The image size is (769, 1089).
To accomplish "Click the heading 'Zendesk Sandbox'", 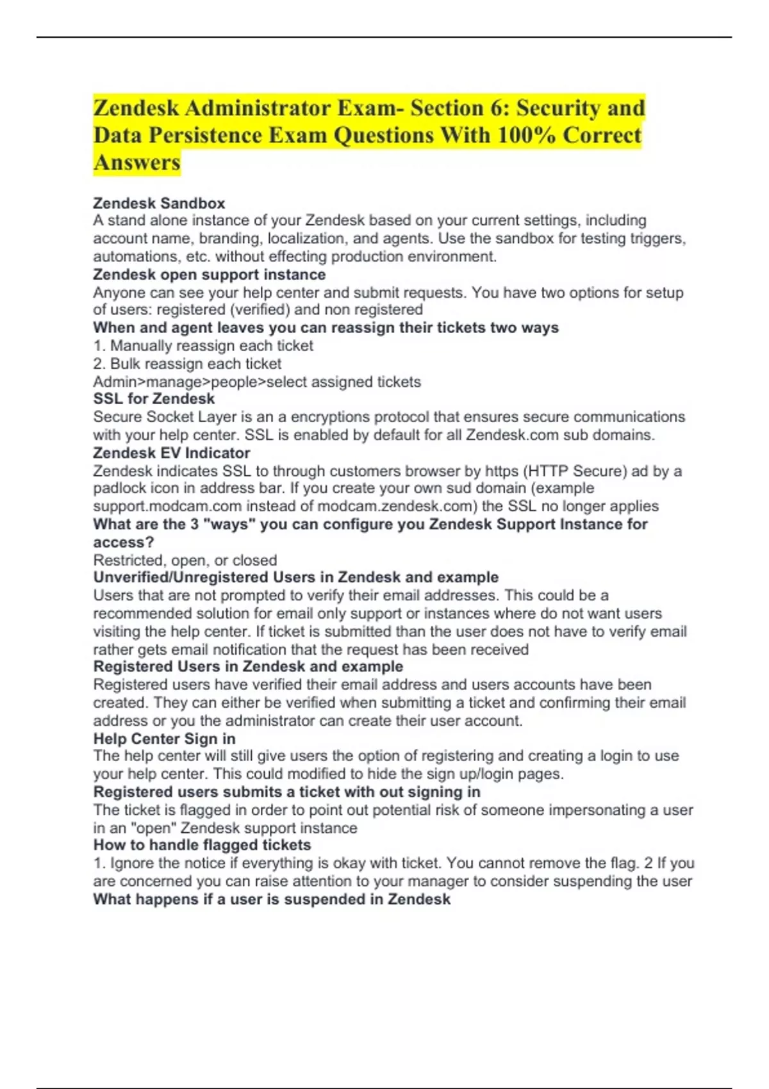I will pyautogui.click(x=159, y=203).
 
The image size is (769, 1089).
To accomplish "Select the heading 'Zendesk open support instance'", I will pyautogui.click(x=209, y=275).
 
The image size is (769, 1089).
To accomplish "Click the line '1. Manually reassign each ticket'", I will pyautogui.click(x=203, y=346).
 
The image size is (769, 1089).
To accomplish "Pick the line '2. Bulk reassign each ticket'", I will pyautogui.click(x=187, y=364).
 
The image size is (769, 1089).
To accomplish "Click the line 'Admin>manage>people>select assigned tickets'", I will pyautogui.click(x=257, y=382).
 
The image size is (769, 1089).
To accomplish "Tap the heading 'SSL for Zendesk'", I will pyautogui.click(x=154, y=399).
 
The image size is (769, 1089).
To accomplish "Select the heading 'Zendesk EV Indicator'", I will pyautogui.click(x=171, y=453).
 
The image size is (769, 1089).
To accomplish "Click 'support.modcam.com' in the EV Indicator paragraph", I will pyautogui.click(x=167, y=506).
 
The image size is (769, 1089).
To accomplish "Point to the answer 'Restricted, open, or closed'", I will pyautogui.click(x=185, y=561).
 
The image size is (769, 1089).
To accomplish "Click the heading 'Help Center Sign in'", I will pyautogui.click(x=164, y=739).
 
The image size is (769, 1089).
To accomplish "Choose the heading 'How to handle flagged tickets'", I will pyautogui.click(x=202, y=845).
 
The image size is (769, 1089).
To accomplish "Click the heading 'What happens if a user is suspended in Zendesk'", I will pyautogui.click(x=272, y=899).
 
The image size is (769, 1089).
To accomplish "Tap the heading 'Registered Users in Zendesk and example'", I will pyautogui.click(x=248, y=667).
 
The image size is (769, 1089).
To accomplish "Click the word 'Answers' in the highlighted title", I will pyautogui.click(x=137, y=163).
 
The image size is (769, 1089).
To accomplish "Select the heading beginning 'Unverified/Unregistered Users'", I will pyautogui.click(x=295, y=577).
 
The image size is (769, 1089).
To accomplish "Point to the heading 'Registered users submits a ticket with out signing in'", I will pyautogui.click(x=286, y=792).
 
